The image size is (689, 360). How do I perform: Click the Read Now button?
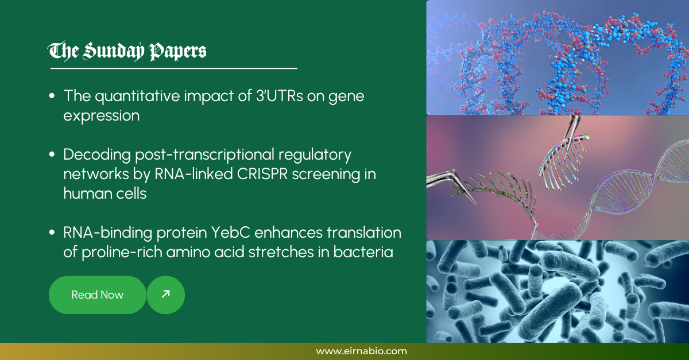pyautogui.click(x=98, y=295)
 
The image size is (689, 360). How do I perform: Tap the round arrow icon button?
pyautogui.click(x=166, y=295)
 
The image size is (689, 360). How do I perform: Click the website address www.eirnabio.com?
pyautogui.click(x=361, y=351)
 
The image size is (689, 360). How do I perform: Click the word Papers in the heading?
pyautogui.click(x=177, y=52)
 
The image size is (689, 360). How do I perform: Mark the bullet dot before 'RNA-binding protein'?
pyautogui.click(x=53, y=233)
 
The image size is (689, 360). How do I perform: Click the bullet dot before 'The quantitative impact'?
pyautogui.click(x=53, y=96)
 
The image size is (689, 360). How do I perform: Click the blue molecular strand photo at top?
pyautogui.click(x=557, y=57)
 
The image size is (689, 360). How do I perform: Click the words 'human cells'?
pyautogui.click(x=105, y=193)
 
